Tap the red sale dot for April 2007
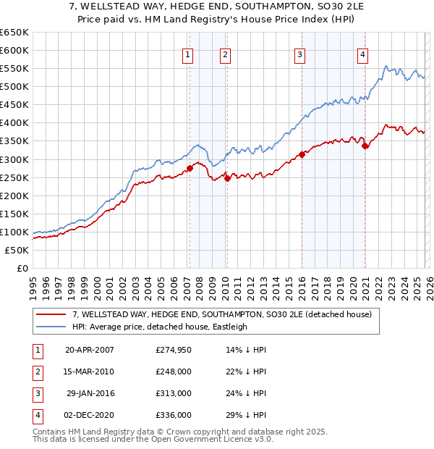(x=190, y=168)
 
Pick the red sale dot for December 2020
(x=365, y=146)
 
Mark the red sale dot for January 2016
(x=302, y=154)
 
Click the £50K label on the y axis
(x=17, y=250)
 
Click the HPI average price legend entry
(x=160, y=327)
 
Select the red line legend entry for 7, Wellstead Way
(x=221, y=314)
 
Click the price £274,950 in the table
(x=174, y=351)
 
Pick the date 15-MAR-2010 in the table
(x=89, y=372)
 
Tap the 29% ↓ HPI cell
(x=247, y=415)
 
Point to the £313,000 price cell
(x=174, y=393)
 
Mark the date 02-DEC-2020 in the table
(x=89, y=415)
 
